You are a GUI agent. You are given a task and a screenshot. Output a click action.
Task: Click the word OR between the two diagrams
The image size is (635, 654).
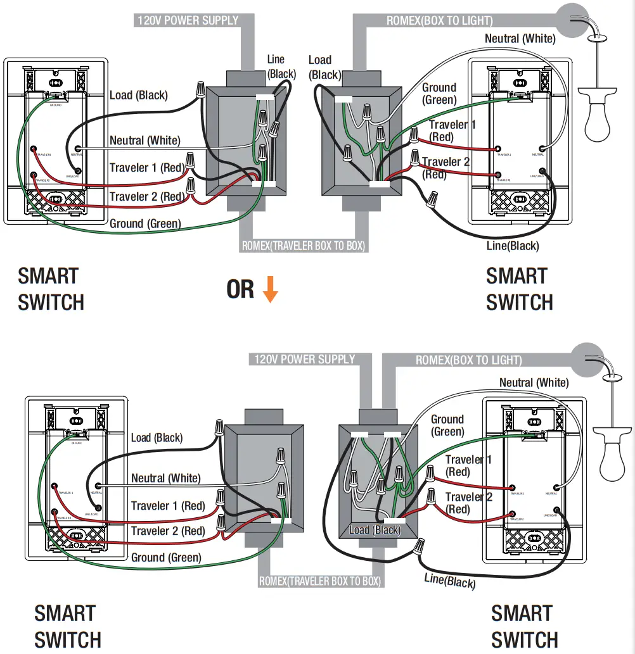[x=241, y=289]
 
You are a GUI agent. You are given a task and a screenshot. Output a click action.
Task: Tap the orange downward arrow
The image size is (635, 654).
[x=271, y=290]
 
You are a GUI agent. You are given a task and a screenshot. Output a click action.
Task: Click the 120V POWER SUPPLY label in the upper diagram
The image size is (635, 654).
[x=188, y=20]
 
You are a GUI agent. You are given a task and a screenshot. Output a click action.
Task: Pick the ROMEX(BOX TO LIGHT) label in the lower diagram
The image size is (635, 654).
[x=468, y=360]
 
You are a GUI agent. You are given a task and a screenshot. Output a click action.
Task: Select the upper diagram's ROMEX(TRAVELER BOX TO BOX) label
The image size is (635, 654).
[x=304, y=246]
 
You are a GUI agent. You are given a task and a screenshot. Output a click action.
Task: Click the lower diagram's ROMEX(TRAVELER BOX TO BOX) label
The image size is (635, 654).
[x=320, y=581]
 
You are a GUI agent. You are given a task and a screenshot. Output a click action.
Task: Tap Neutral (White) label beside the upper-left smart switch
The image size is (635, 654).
[x=144, y=141]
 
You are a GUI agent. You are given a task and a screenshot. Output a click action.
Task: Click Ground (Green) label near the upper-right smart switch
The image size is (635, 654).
[x=439, y=94]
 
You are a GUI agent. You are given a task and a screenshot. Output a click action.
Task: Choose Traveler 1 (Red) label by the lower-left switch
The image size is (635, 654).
[x=168, y=506]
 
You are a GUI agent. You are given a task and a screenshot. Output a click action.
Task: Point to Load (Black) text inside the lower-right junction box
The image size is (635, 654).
[x=375, y=530]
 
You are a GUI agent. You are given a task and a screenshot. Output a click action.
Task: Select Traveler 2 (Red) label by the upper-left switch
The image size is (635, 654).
[x=146, y=197]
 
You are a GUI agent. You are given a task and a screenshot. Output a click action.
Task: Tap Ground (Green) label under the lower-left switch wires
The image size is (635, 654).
[x=166, y=558]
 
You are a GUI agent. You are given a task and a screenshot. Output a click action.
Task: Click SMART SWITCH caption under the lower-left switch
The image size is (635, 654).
[x=67, y=626]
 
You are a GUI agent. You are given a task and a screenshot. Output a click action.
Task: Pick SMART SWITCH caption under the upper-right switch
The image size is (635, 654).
[x=519, y=289]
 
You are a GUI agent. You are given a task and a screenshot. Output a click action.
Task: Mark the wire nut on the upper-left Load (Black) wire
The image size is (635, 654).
[x=201, y=88]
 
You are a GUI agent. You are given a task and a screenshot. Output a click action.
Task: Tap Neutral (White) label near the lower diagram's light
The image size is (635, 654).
[x=534, y=382]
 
